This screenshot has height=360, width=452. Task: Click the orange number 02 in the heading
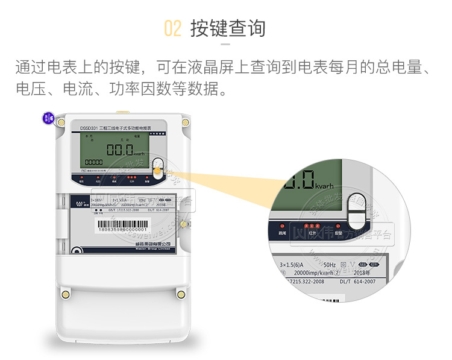[172, 28]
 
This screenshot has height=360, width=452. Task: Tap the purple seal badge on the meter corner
[48, 118]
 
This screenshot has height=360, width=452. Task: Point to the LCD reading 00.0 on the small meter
[121, 150]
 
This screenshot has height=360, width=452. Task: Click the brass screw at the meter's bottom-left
[64, 294]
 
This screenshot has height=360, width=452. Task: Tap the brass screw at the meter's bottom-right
[181, 294]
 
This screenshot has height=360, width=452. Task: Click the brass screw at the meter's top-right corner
[185, 122]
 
